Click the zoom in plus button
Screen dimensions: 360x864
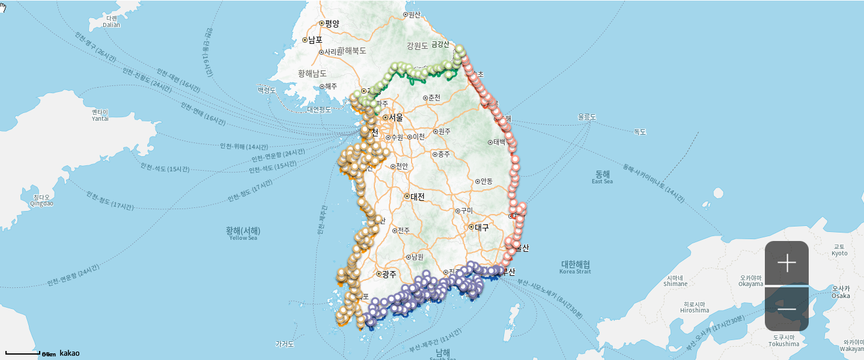(x=786, y=263)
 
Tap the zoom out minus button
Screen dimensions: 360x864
(x=786, y=309)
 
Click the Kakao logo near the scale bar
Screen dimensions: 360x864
(x=69, y=353)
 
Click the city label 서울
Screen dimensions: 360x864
(x=395, y=117)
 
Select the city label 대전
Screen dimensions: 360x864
(x=417, y=196)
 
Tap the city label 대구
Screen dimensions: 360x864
(x=481, y=227)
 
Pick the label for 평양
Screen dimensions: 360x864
(x=332, y=23)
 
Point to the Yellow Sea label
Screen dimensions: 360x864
(x=243, y=233)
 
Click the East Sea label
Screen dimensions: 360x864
(x=602, y=177)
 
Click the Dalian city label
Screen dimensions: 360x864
(x=111, y=22)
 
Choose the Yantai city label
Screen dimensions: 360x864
(x=100, y=115)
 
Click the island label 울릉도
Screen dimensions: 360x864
(x=586, y=117)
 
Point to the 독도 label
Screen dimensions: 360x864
(x=639, y=132)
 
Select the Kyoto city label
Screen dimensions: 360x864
(x=839, y=250)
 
